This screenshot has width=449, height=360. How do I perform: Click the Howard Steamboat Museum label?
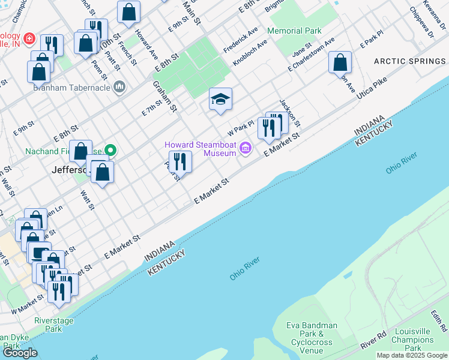[x=200, y=149]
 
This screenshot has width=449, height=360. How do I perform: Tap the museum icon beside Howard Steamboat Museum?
[x=245, y=148]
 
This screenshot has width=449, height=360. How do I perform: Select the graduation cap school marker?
[x=220, y=98]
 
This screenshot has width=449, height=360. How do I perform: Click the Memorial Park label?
[x=294, y=31]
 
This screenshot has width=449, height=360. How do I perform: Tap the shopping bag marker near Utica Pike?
[x=340, y=62]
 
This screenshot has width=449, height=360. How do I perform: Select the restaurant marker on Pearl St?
[x=179, y=161]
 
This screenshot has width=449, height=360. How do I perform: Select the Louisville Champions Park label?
[x=412, y=340]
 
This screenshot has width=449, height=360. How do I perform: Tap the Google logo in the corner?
[x=20, y=352]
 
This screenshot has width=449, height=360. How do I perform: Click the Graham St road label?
[x=165, y=97]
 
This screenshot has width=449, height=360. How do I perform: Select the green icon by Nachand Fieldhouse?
[x=110, y=150]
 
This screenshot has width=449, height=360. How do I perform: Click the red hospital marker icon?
[x=30, y=41]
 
